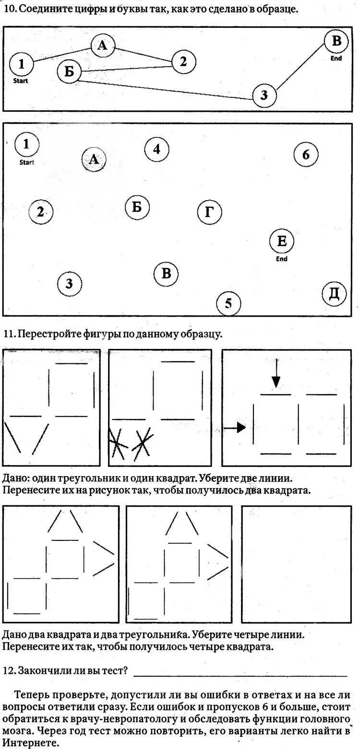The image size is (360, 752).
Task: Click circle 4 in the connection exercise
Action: click(156, 149)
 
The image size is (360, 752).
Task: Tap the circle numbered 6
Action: click(306, 155)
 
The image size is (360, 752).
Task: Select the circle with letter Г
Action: click(209, 212)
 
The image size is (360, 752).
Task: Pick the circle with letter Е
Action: click(282, 241)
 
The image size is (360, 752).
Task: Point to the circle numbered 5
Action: click(228, 303)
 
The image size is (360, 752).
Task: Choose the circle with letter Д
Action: click(334, 294)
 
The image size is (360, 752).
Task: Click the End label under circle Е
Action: click(282, 259)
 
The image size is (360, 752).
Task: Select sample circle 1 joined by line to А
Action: click(21, 63)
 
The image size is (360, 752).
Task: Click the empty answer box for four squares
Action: click(296, 564)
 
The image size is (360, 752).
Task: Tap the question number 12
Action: click(9, 670)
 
